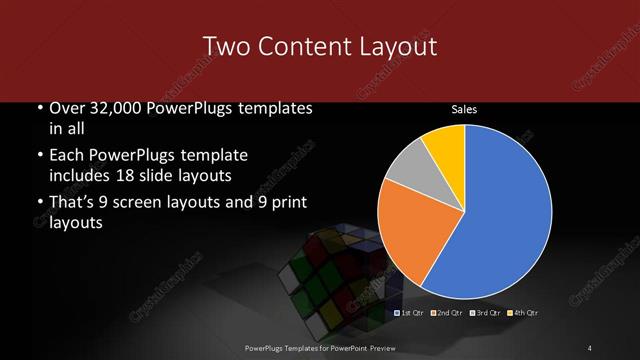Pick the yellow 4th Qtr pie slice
point(443,143)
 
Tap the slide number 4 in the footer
point(590,347)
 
